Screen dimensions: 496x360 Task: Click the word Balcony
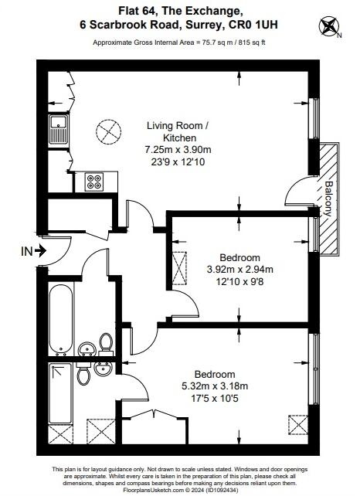point(330,198)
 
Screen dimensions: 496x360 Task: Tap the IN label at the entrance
point(26,250)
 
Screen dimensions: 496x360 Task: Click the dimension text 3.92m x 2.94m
point(239,270)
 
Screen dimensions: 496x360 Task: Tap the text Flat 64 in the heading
point(140,11)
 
